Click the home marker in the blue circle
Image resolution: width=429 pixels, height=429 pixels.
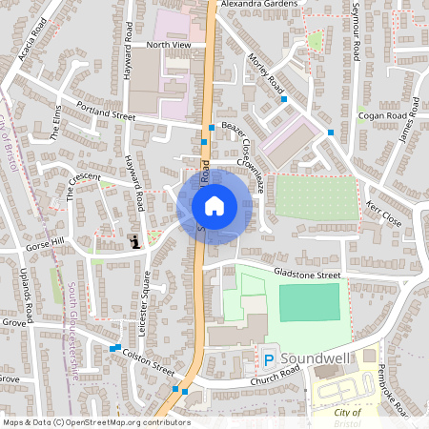coord(214,205)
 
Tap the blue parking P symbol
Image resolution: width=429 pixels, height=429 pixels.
coord(268,358)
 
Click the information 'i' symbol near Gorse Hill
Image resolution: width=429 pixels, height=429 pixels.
coord(135,242)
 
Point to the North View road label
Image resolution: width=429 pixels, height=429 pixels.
coord(169,45)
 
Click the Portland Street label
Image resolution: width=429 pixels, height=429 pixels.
coord(107,112)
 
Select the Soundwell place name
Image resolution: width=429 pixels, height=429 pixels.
coord(315,357)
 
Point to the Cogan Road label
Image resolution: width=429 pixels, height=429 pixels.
coord(382,116)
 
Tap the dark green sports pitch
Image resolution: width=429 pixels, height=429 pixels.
coord(308,301)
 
